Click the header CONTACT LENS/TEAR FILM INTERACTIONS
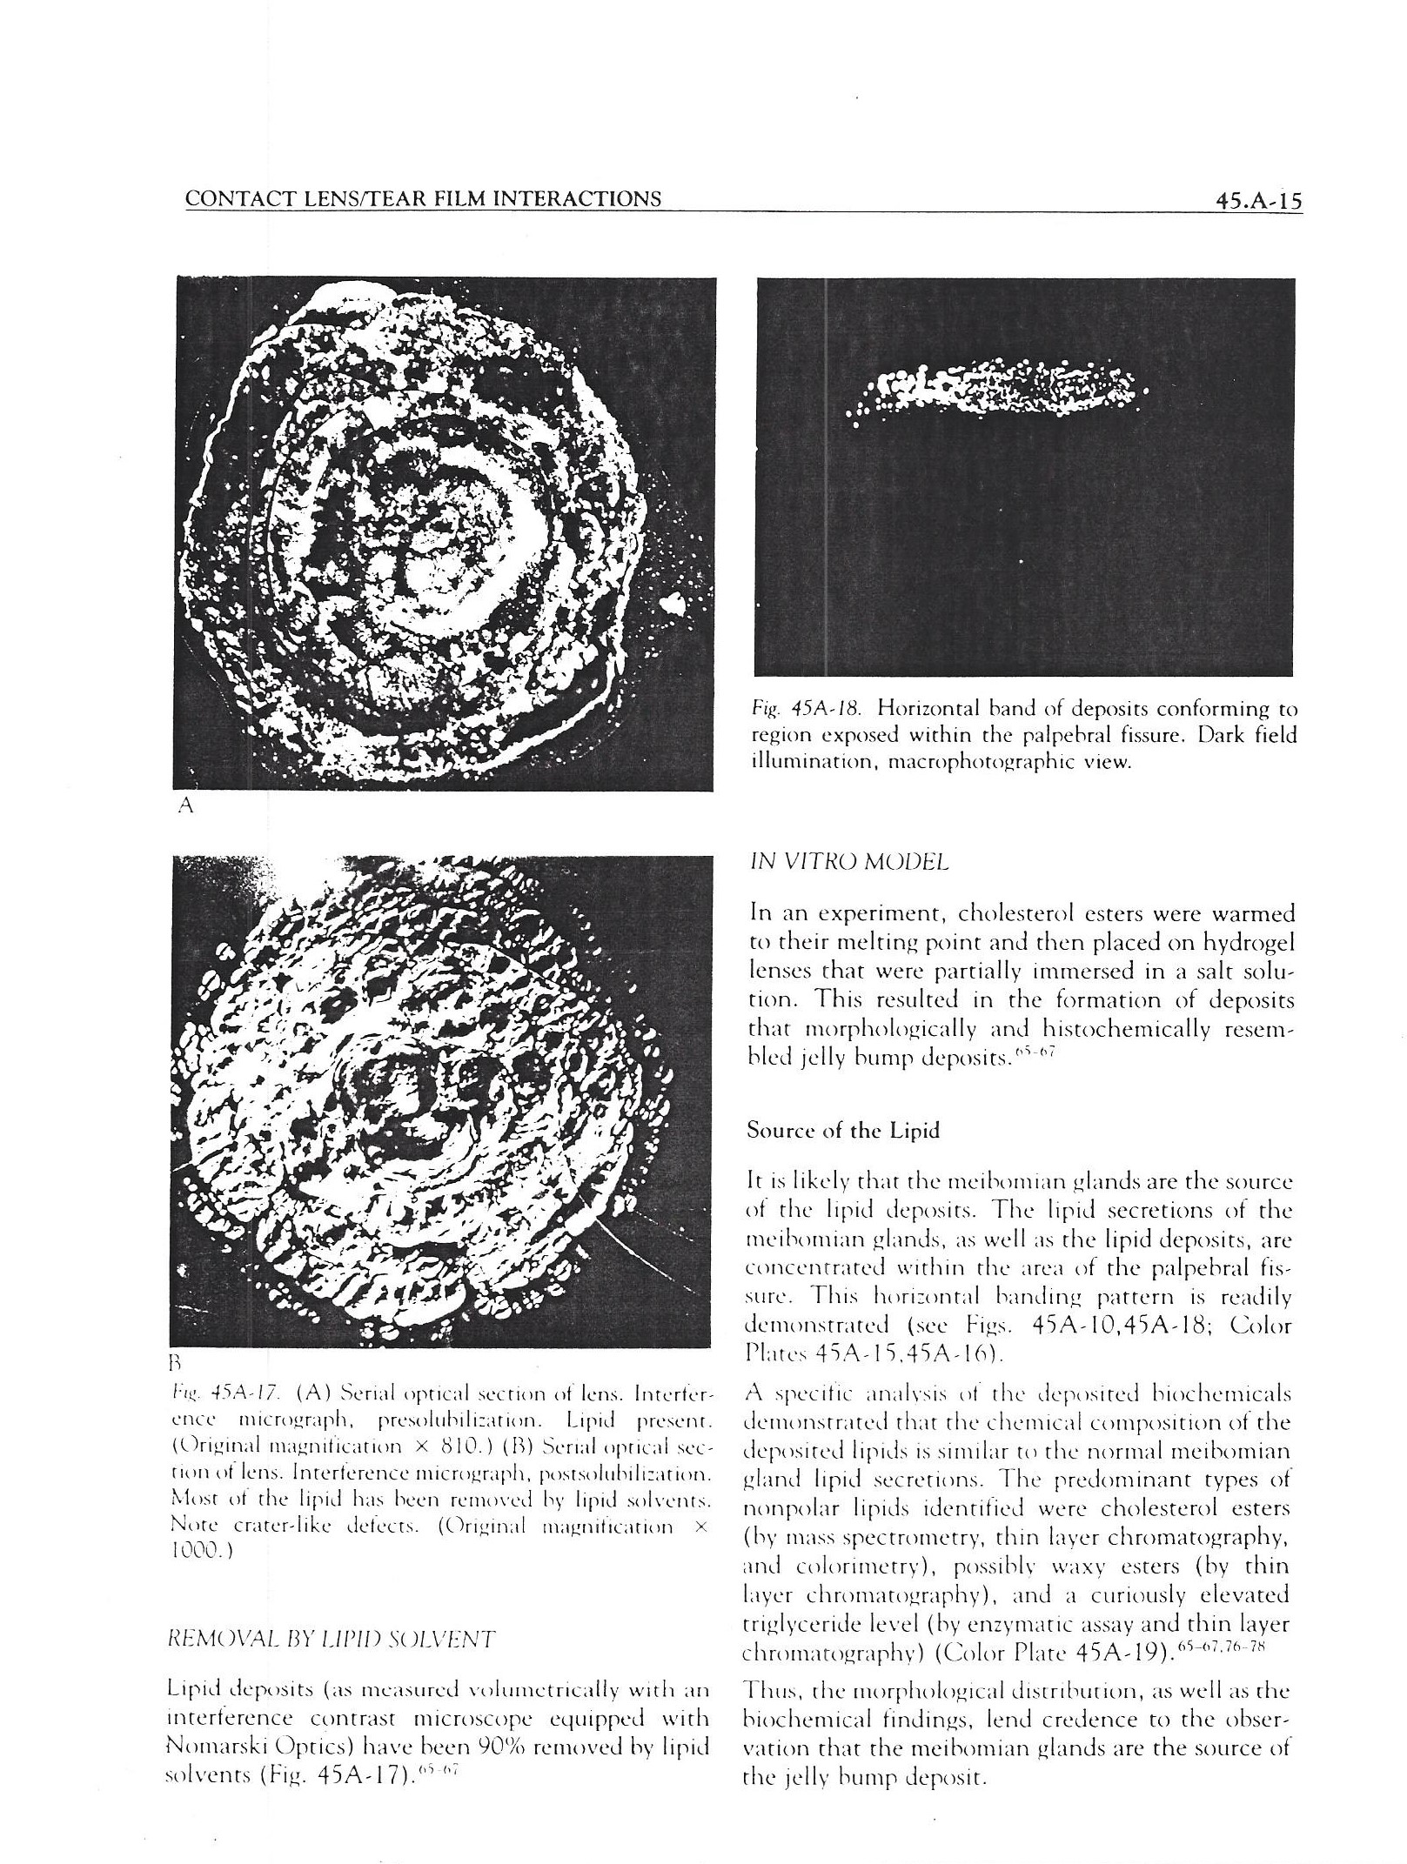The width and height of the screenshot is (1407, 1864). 423,199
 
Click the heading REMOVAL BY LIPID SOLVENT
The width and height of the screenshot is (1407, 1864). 331,1640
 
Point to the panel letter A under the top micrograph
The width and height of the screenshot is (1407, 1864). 184,805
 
